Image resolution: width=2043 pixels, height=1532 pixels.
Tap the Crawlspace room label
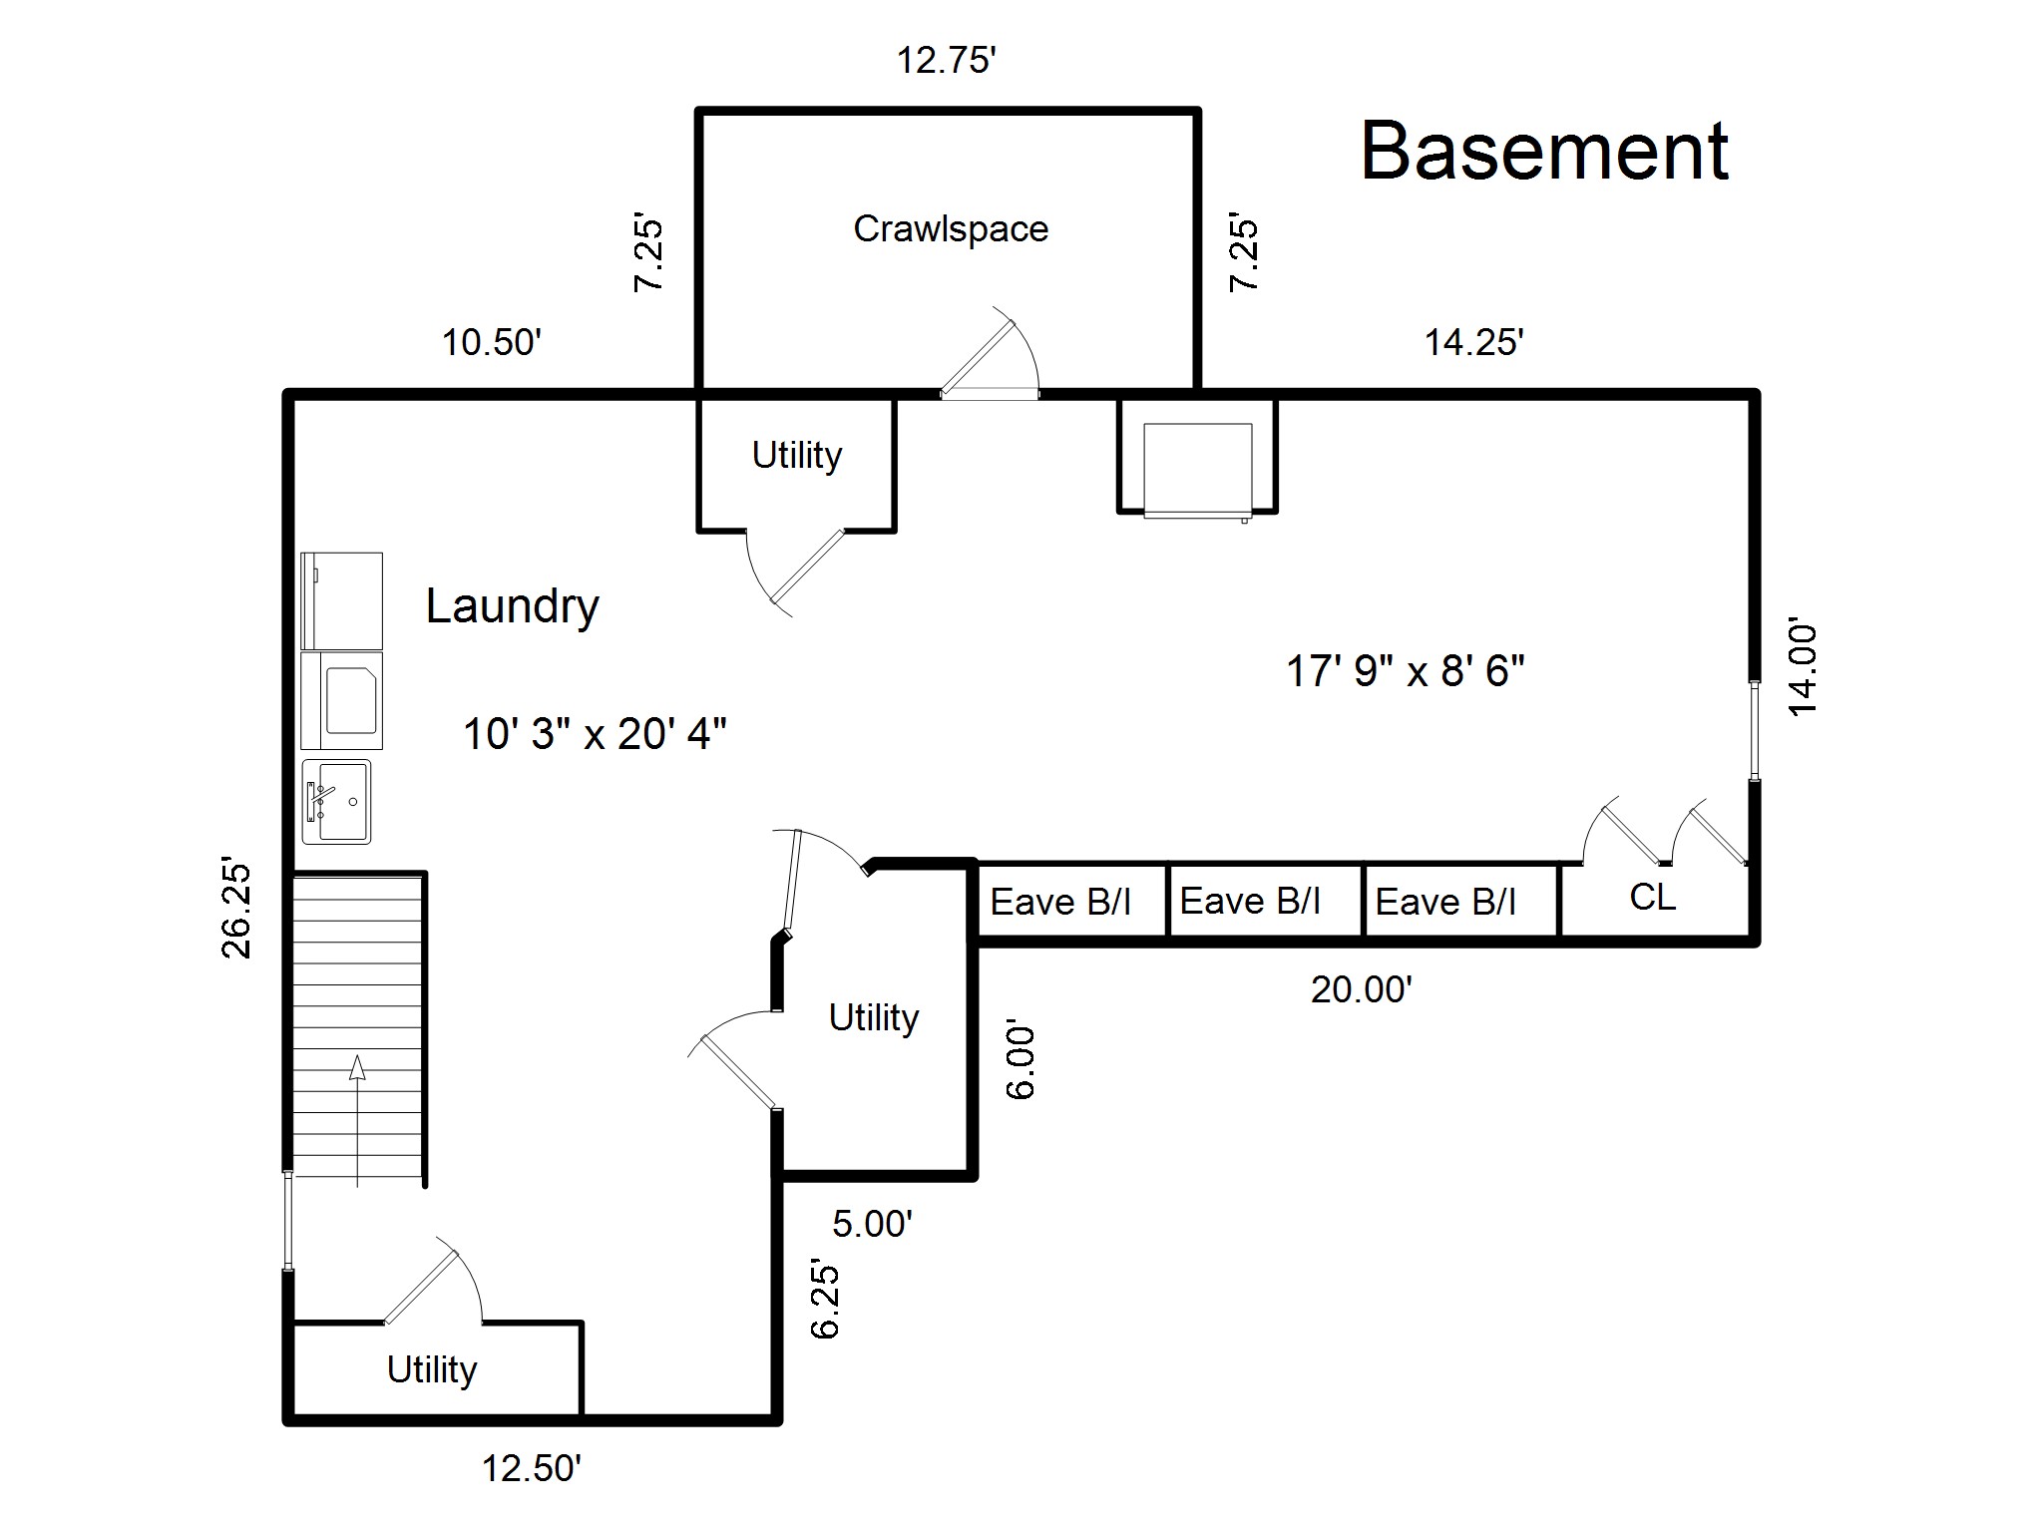coord(951,229)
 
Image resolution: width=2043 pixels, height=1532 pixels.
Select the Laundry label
coord(513,606)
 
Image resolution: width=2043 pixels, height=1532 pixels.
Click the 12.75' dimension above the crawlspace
coord(947,61)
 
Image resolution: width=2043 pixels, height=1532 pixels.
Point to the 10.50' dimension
coord(492,342)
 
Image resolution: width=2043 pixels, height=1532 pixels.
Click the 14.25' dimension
coord(1473,342)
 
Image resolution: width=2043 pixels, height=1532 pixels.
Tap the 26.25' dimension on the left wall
coord(236,907)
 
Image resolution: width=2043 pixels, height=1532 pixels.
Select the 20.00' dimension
coord(1362,989)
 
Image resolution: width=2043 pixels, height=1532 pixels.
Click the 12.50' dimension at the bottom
coord(532,1468)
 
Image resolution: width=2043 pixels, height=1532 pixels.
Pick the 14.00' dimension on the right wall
coord(1804,668)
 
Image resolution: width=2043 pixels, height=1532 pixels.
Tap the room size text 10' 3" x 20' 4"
coord(595,734)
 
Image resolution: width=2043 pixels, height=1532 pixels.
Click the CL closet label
coord(1652,897)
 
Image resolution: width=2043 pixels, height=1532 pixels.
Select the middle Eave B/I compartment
coord(1265,902)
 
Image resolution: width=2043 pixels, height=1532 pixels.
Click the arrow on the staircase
coord(357,1122)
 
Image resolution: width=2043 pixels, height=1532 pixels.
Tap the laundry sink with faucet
coord(336,802)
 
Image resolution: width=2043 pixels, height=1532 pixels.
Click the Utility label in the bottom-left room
coord(432,1370)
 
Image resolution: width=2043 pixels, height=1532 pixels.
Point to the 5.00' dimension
coord(873,1224)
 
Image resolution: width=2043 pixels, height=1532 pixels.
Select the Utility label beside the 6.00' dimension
coord(874,1018)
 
